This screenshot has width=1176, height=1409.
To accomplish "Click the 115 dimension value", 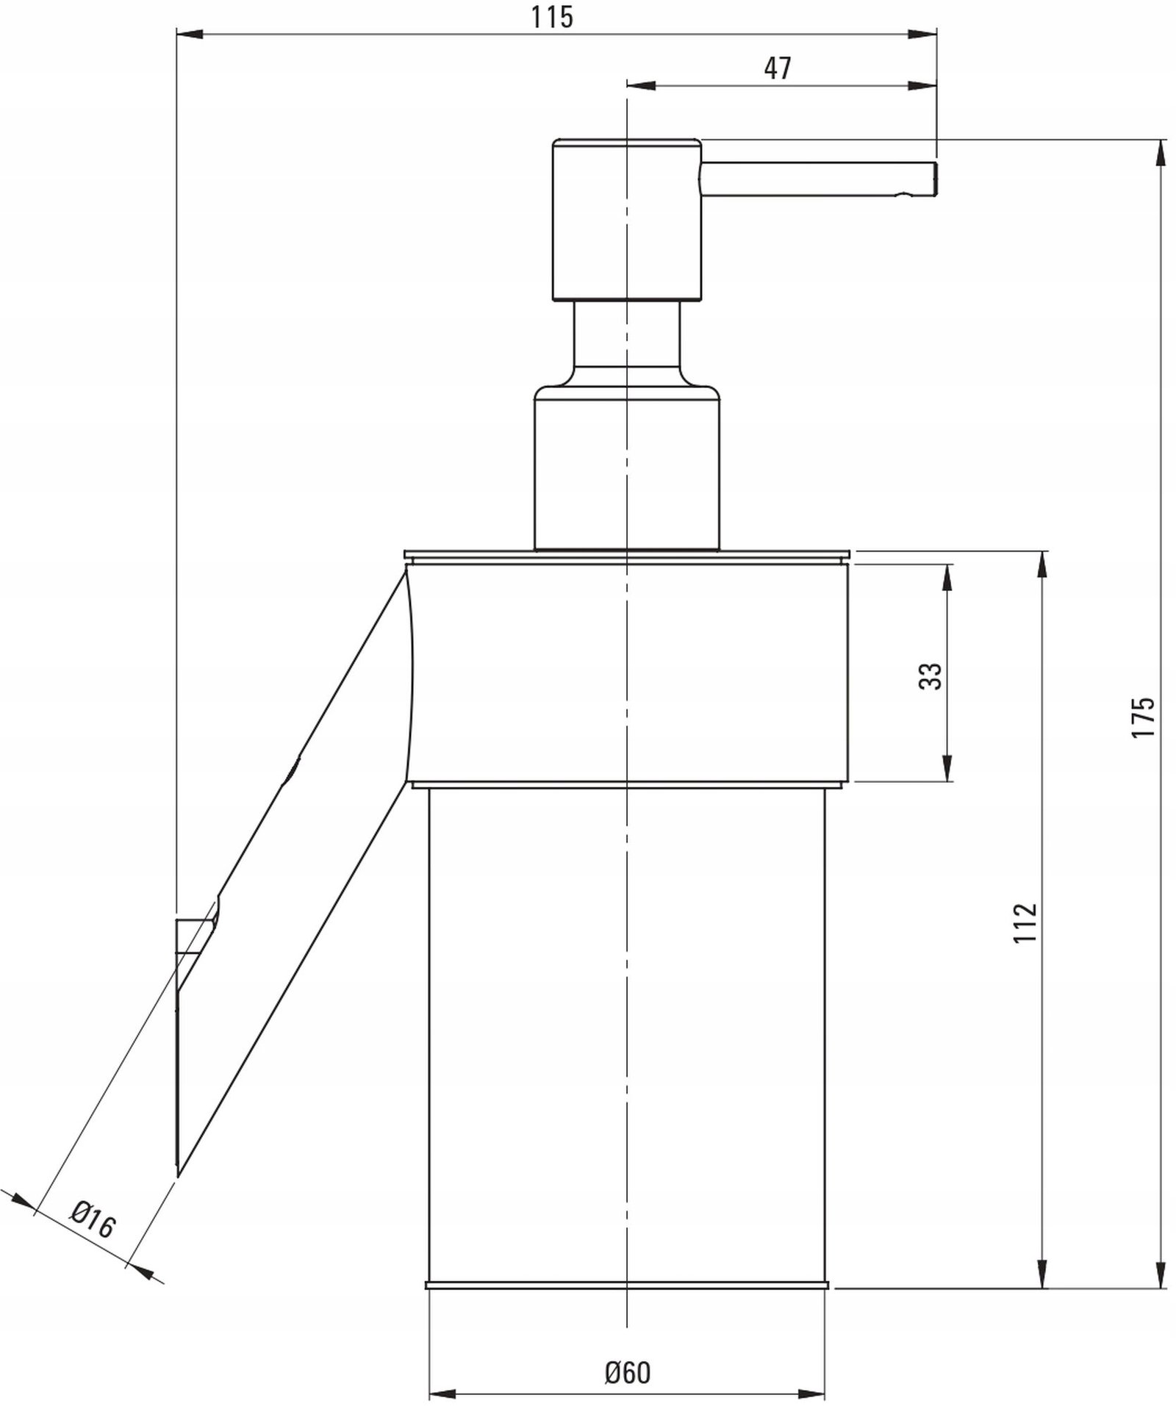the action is tap(552, 17).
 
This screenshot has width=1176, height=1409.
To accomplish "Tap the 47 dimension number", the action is tap(777, 68).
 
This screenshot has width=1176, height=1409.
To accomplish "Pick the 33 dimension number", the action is tap(930, 675).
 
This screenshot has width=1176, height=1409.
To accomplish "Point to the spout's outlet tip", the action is tap(936, 179).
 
